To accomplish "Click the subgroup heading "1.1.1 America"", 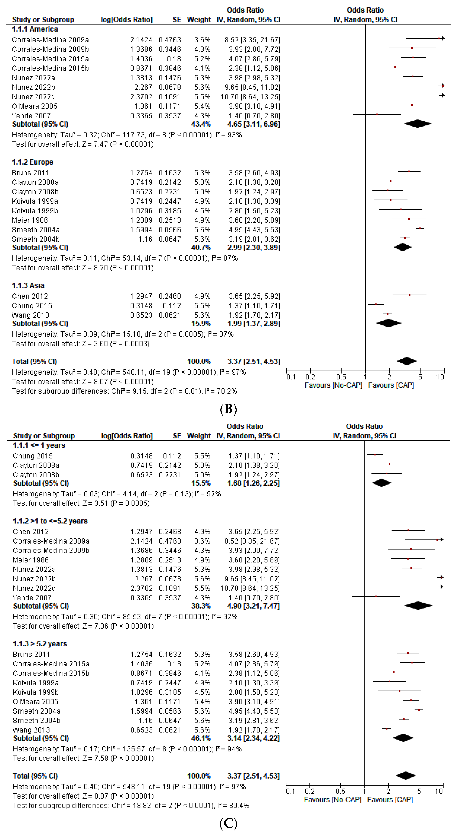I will click(35, 29).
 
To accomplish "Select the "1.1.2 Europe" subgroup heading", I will click(33, 162).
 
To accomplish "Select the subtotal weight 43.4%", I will click(201, 124).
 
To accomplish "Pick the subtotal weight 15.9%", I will click(201, 324).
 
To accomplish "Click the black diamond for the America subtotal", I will click(418, 124).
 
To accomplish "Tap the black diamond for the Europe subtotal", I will click(403, 247).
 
